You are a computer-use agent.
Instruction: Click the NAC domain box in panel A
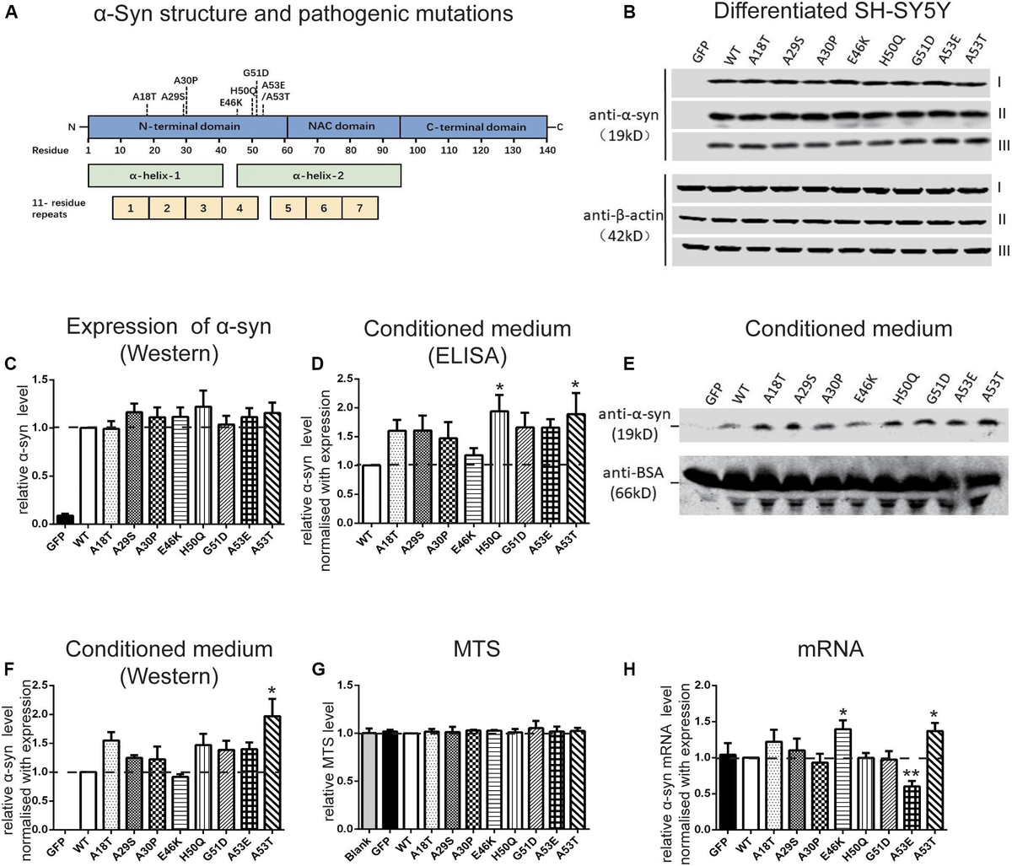[x=342, y=126]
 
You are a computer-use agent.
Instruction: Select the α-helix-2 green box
[x=318, y=176]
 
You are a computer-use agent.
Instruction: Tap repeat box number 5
[x=288, y=207]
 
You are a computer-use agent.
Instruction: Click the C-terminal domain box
[x=474, y=126]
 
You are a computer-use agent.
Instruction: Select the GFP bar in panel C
[x=64, y=519]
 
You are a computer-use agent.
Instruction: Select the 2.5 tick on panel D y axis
[x=342, y=379]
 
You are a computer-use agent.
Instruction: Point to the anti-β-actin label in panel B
[x=623, y=216]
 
